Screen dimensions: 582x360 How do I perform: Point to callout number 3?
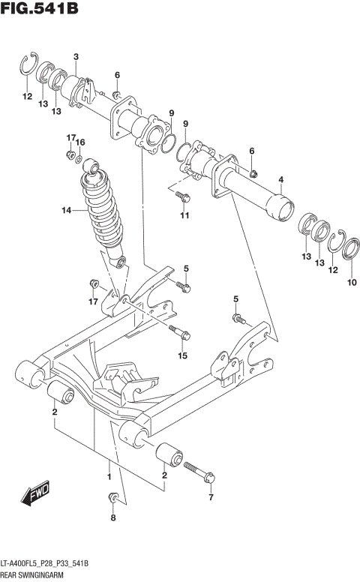(x=76, y=58)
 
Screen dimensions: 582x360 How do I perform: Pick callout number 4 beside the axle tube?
(x=280, y=179)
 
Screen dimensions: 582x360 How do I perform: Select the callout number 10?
(x=352, y=283)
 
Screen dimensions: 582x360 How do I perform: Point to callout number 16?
(x=81, y=142)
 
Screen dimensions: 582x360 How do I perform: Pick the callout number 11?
(x=184, y=217)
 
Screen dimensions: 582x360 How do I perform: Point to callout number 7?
(x=211, y=497)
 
